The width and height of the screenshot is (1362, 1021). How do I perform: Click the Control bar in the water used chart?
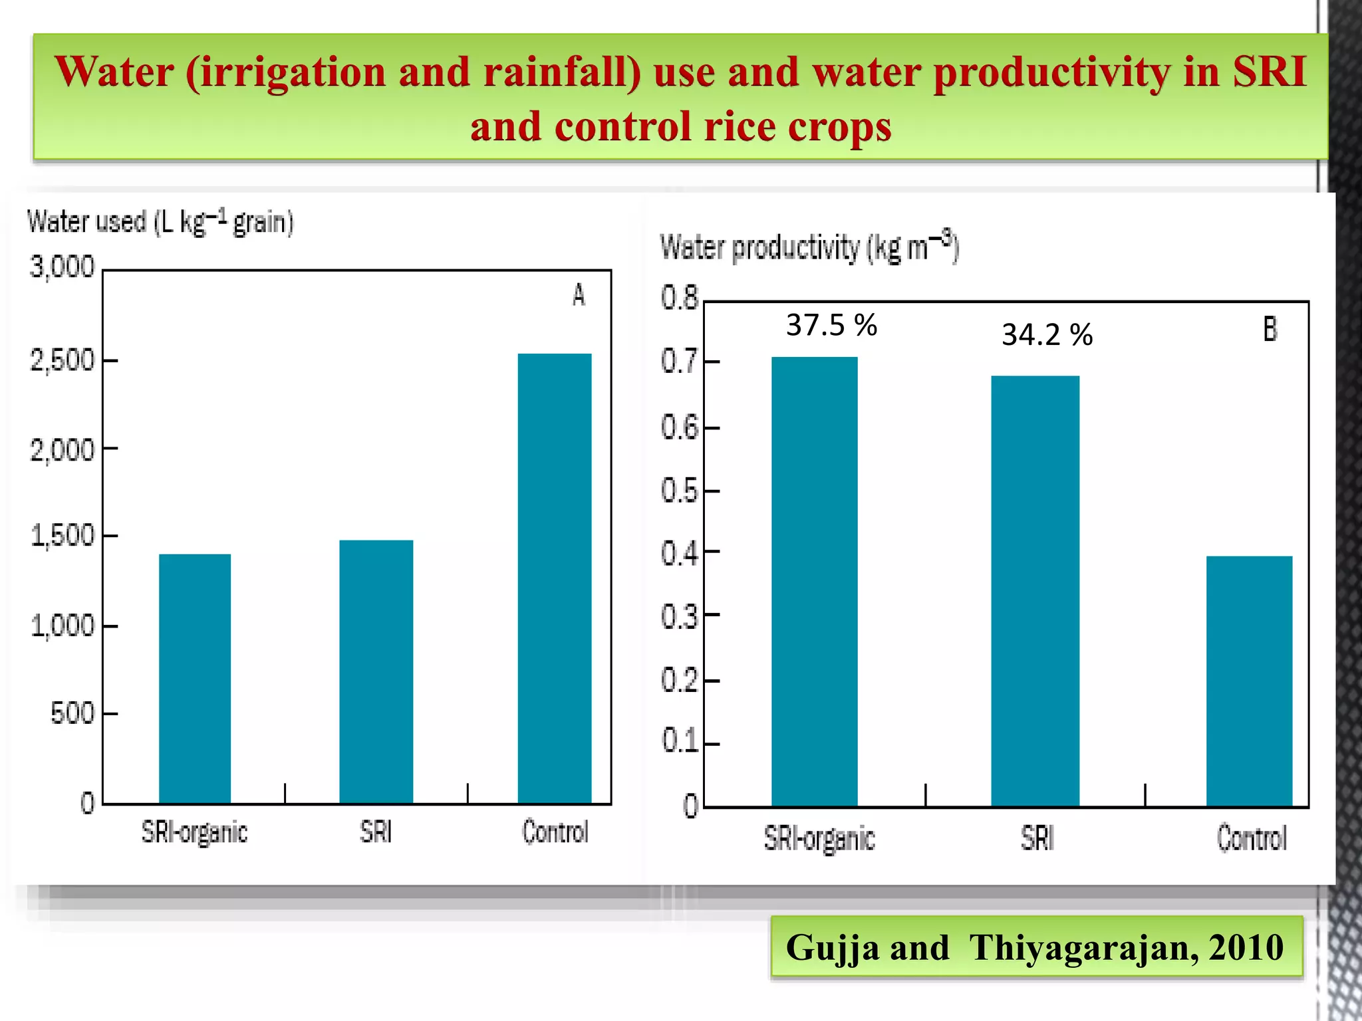(555, 578)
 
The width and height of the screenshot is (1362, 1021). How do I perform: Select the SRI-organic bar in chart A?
(195, 678)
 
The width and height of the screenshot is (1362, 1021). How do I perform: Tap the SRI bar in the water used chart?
(376, 671)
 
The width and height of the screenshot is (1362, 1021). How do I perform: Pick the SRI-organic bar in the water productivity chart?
(815, 582)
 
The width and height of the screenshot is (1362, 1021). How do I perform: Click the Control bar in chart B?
(1249, 681)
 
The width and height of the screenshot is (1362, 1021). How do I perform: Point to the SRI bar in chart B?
(1035, 592)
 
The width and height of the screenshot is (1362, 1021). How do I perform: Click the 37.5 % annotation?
(831, 326)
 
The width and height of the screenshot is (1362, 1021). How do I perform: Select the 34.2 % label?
(1047, 335)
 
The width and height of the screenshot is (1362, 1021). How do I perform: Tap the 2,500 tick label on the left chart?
(63, 361)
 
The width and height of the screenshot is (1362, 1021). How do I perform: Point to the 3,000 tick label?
(63, 267)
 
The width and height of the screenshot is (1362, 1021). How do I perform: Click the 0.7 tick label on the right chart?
(679, 362)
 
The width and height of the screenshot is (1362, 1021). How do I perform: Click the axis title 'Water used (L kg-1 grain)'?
(160, 222)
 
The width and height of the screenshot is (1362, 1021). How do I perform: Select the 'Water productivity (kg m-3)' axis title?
(809, 248)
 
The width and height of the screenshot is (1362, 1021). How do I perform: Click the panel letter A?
(579, 295)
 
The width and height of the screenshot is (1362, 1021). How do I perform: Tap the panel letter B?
(1270, 330)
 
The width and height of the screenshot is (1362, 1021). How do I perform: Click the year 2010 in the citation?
(1246, 948)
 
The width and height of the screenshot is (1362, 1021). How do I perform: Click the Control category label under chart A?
(555, 832)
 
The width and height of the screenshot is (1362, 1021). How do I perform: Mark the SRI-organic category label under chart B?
(819, 839)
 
